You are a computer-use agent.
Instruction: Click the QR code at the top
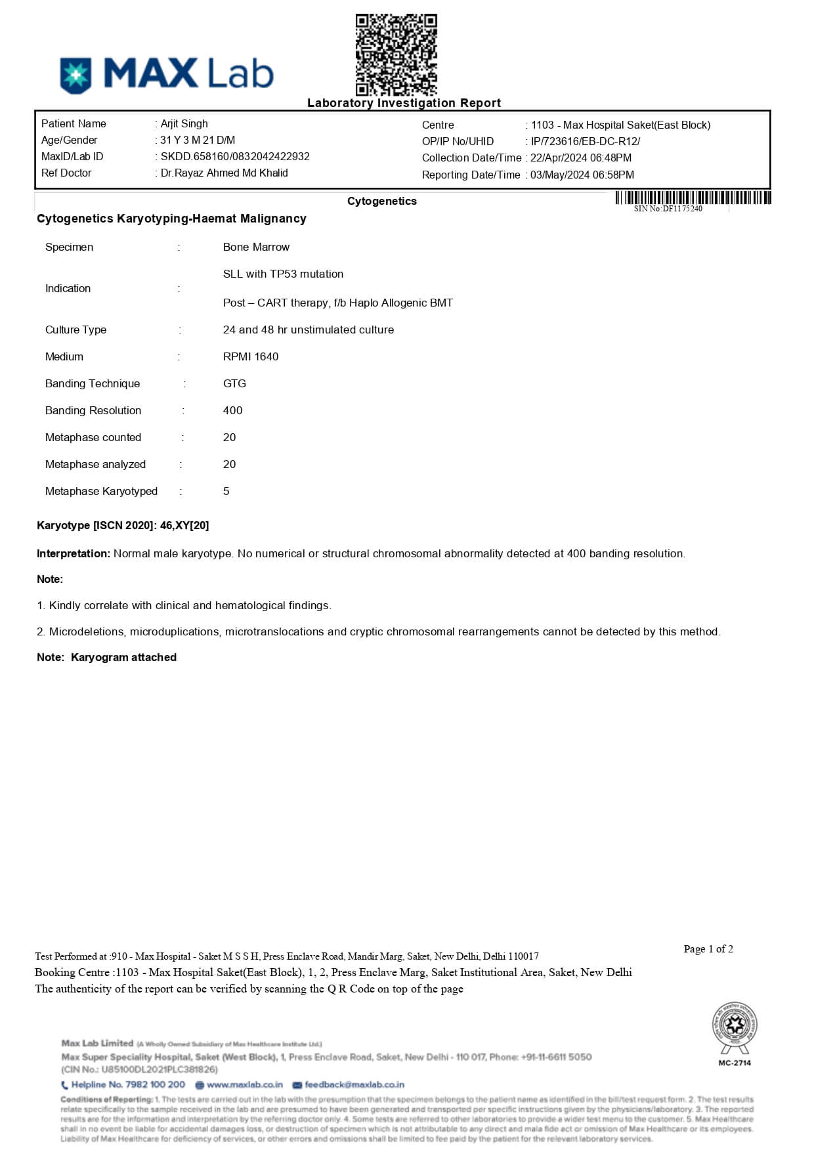pyautogui.click(x=396, y=54)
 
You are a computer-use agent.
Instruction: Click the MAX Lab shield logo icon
pyautogui.click(x=75, y=75)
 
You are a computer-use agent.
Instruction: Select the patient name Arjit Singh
pyautogui.click(x=184, y=123)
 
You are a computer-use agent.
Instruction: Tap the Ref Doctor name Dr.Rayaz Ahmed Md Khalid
pyautogui.click(x=224, y=173)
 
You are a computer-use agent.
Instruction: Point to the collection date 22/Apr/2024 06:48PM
pyautogui.click(x=581, y=158)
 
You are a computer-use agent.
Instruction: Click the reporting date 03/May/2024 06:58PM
pyautogui.click(x=582, y=175)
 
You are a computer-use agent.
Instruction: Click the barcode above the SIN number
pyautogui.click(x=693, y=198)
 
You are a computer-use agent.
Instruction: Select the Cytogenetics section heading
pyautogui.click(x=381, y=201)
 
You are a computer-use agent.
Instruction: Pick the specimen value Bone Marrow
pyautogui.click(x=256, y=247)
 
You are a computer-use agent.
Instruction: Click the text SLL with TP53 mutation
pyautogui.click(x=283, y=274)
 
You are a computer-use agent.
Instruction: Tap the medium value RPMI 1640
pyautogui.click(x=251, y=356)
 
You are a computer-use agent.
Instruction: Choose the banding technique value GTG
pyautogui.click(x=234, y=383)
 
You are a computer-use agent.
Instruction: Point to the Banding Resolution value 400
pyautogui.click(x=232, y=410)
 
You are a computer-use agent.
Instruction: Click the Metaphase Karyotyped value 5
pyautogui.click(x=226, y=491)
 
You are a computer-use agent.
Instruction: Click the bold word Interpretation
pyautogui.click(x=73, y=553)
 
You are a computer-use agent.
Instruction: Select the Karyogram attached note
pyautogui.click(x=123, y=657)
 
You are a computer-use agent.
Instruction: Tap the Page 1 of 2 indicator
pyautogui.click(x=708, y=949)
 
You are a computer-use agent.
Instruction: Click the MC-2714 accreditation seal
pyautogui.click(x=735, y=1027)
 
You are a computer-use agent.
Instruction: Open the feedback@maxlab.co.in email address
pyautogui.click(x=354, y=1084)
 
